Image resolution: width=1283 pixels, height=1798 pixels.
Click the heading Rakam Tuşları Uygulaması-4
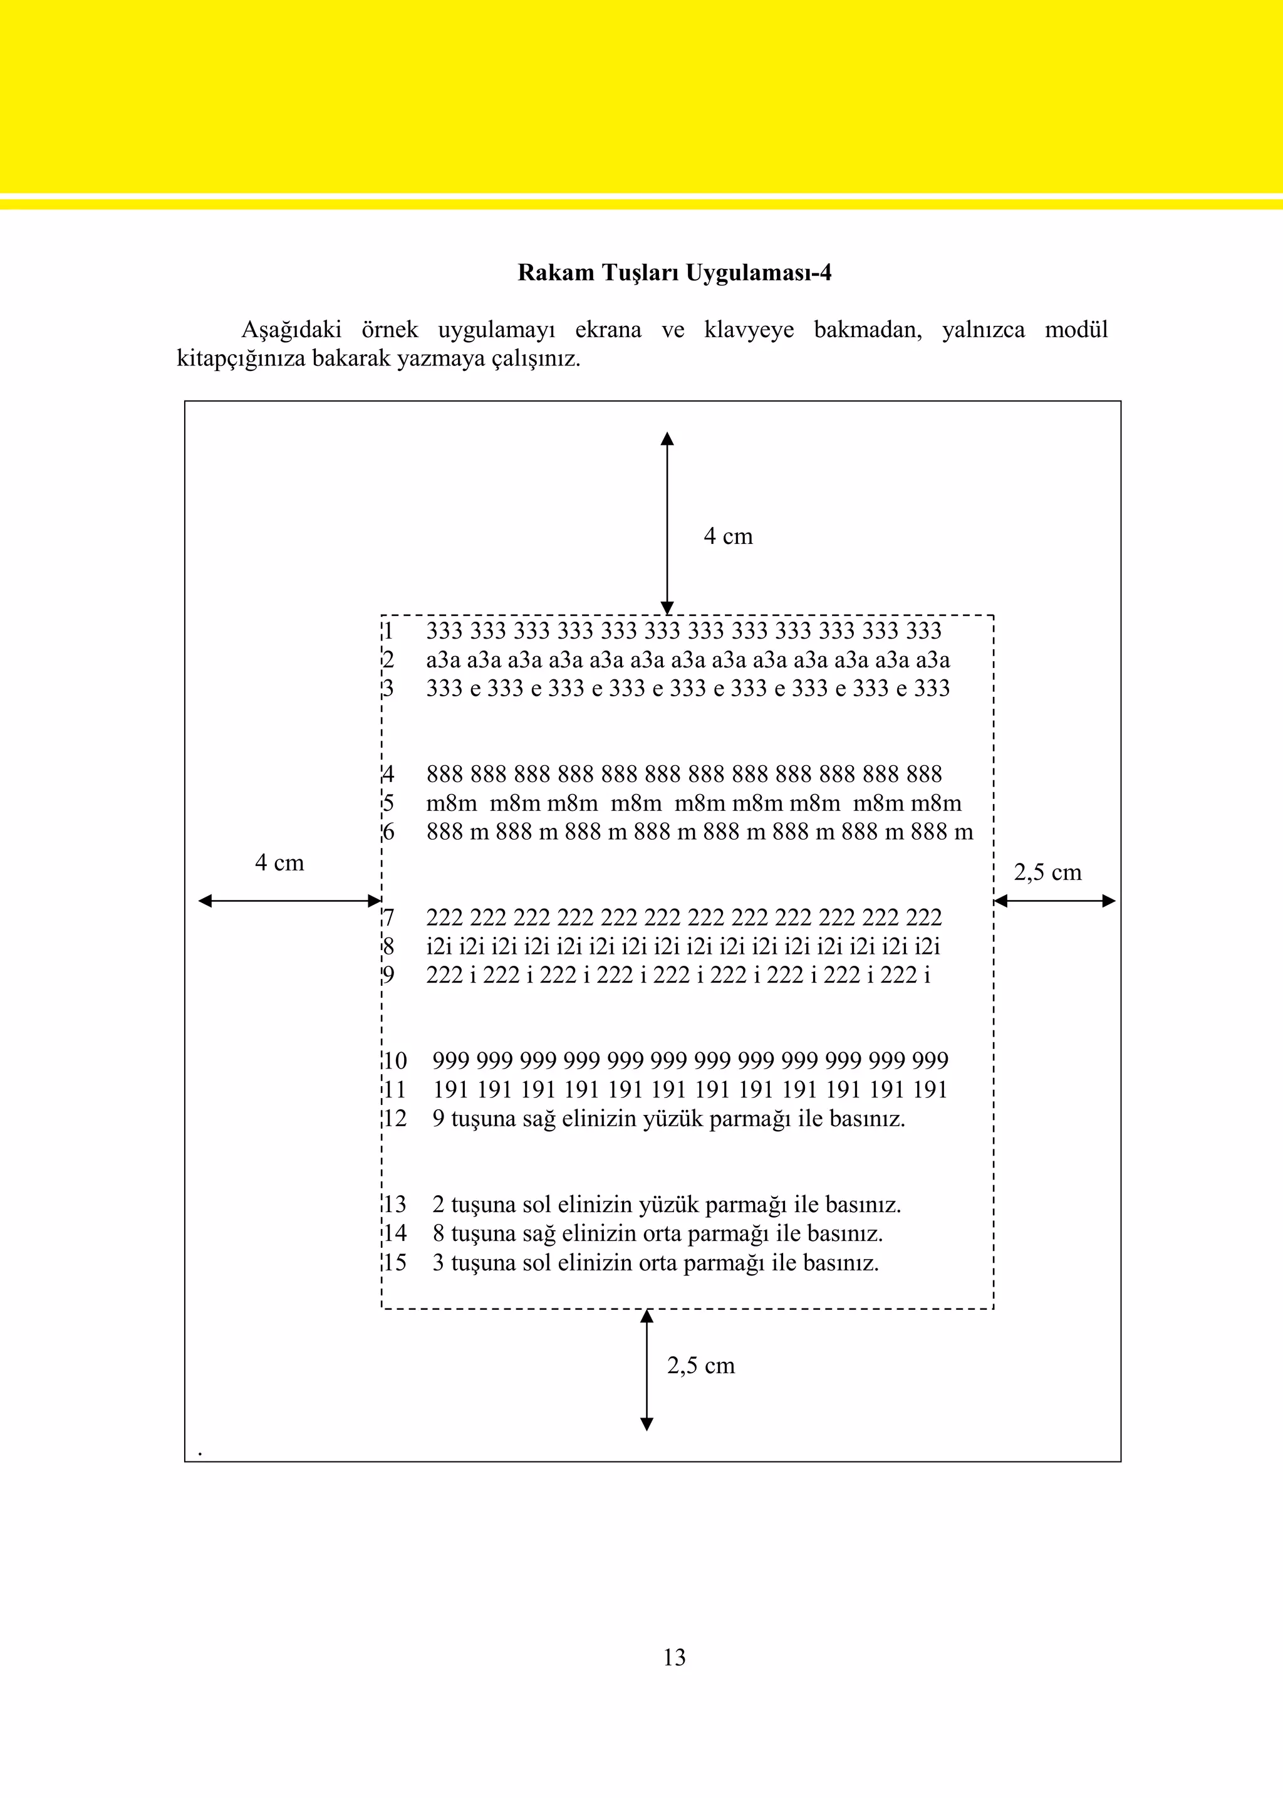pos(674,273)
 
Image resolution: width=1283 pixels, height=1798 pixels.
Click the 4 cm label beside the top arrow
pos(727,536)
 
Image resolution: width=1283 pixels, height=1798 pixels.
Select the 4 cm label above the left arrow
pos(279,862)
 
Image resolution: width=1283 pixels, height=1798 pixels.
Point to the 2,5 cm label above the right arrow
pos(1047,872)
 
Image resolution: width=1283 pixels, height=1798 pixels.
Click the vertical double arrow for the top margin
pos(667,523)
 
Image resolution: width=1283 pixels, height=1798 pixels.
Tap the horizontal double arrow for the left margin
pos(289,900)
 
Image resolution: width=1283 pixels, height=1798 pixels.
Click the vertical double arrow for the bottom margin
pos(647,1369)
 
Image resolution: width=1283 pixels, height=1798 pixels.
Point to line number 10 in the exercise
pos(395,1060)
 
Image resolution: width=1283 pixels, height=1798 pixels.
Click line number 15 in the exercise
pos(395,1263)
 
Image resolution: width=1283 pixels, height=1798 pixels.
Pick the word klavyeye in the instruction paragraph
pos(749,330)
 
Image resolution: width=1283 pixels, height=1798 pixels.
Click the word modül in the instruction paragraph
pos(1076,330)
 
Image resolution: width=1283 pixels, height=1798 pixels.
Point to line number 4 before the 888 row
pos(388,775)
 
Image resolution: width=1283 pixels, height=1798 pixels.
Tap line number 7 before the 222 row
pos(388,917)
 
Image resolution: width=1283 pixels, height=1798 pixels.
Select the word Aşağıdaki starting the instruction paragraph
pos(291,330)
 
